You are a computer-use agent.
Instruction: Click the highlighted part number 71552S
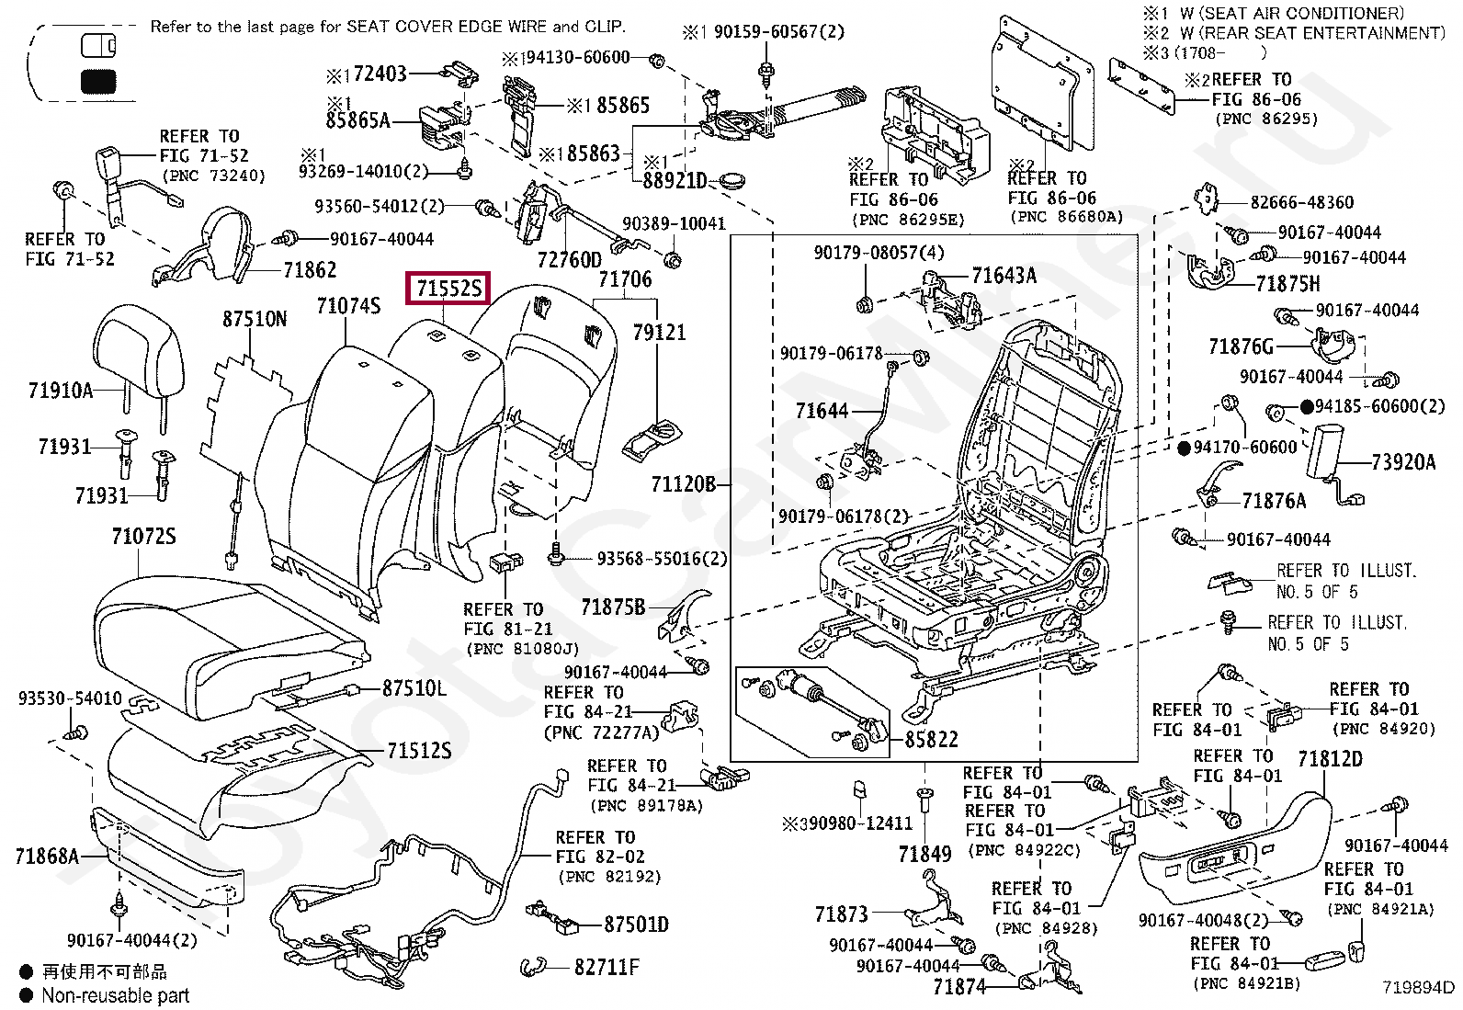[x=448, y=289]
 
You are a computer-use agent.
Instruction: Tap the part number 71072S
[x=143, y=536]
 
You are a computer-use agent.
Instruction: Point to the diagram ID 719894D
[x=1419, y=988]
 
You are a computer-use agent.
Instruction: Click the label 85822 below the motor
[x=931, y=739]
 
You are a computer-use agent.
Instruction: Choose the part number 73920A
[x=1403, y=461]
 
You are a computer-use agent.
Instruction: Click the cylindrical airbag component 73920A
[x=1329, y=451]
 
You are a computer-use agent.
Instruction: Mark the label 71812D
[x=1330, y=759]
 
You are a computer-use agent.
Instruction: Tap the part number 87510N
[x=255, y=319]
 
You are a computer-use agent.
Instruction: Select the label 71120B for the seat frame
[x=683, y=483]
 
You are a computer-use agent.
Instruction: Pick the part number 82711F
[x=607, y=967]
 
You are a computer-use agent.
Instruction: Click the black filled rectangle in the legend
[x=99, y=83]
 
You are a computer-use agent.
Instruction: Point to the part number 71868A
[x=47, y=857]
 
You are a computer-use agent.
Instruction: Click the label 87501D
[x=636, y=924]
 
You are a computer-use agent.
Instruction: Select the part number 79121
[x=659, y=331]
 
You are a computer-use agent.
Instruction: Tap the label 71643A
[x=1004, y=274]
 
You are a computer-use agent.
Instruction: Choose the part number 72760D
[x=570, y=259]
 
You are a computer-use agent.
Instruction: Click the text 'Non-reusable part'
[x=115, y=995]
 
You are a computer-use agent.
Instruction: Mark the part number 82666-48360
[x=1302, y=201]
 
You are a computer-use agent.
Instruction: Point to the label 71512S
[x=419, y=751]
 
